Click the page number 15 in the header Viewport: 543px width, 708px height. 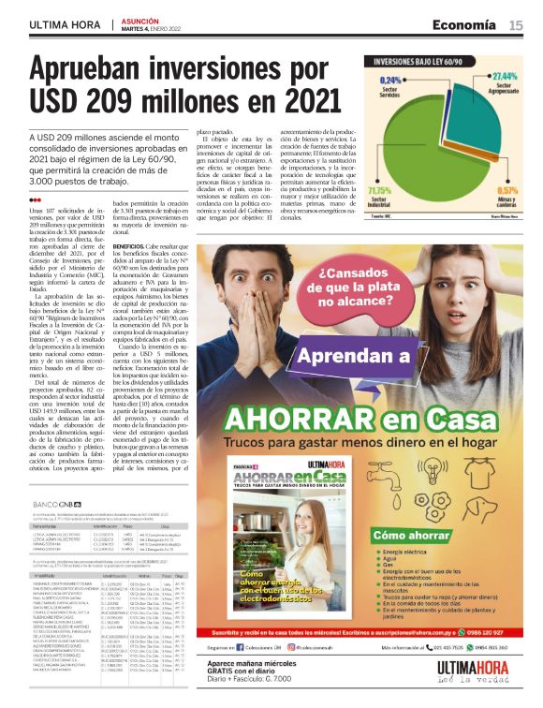(516, 24)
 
